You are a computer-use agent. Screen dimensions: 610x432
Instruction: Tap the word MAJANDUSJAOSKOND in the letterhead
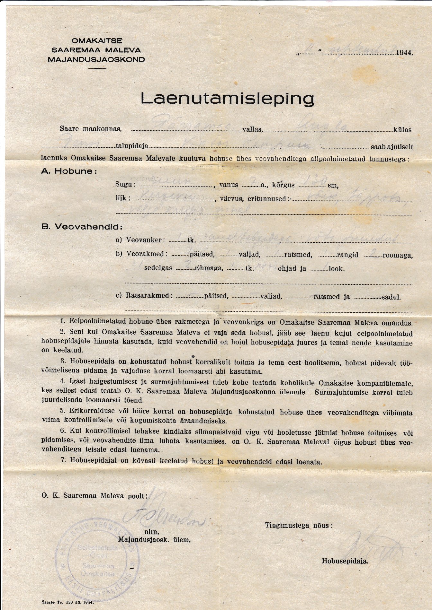coord(96,59)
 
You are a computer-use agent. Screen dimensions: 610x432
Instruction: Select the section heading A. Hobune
coord(69,171)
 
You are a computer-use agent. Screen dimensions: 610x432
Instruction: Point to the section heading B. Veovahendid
coord(82,227)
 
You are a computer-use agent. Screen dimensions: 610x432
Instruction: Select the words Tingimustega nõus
coord(299,526)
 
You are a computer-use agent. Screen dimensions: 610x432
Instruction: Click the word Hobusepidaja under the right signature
coord(345,561)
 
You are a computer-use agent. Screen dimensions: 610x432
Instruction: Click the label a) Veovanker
coord(140,240)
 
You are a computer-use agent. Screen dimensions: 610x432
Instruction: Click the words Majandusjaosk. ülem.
coord(155,540)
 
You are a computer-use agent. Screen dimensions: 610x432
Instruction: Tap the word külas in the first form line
coord(402,130)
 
